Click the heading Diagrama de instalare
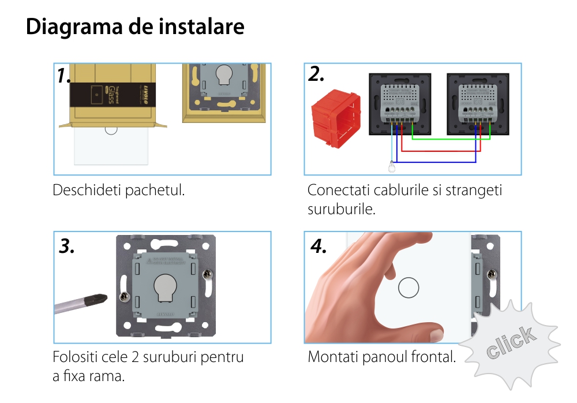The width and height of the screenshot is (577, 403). (135, 27)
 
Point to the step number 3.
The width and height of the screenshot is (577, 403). (67, 246)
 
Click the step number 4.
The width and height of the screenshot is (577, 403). (319, 246)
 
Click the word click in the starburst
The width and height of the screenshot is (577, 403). (510, 343)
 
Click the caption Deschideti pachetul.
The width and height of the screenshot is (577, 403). (119, 190)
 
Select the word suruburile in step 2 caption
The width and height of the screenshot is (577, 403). (341, 208)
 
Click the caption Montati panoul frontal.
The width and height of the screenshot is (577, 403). (381, 357)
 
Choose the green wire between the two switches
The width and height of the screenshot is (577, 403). (451, 139)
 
